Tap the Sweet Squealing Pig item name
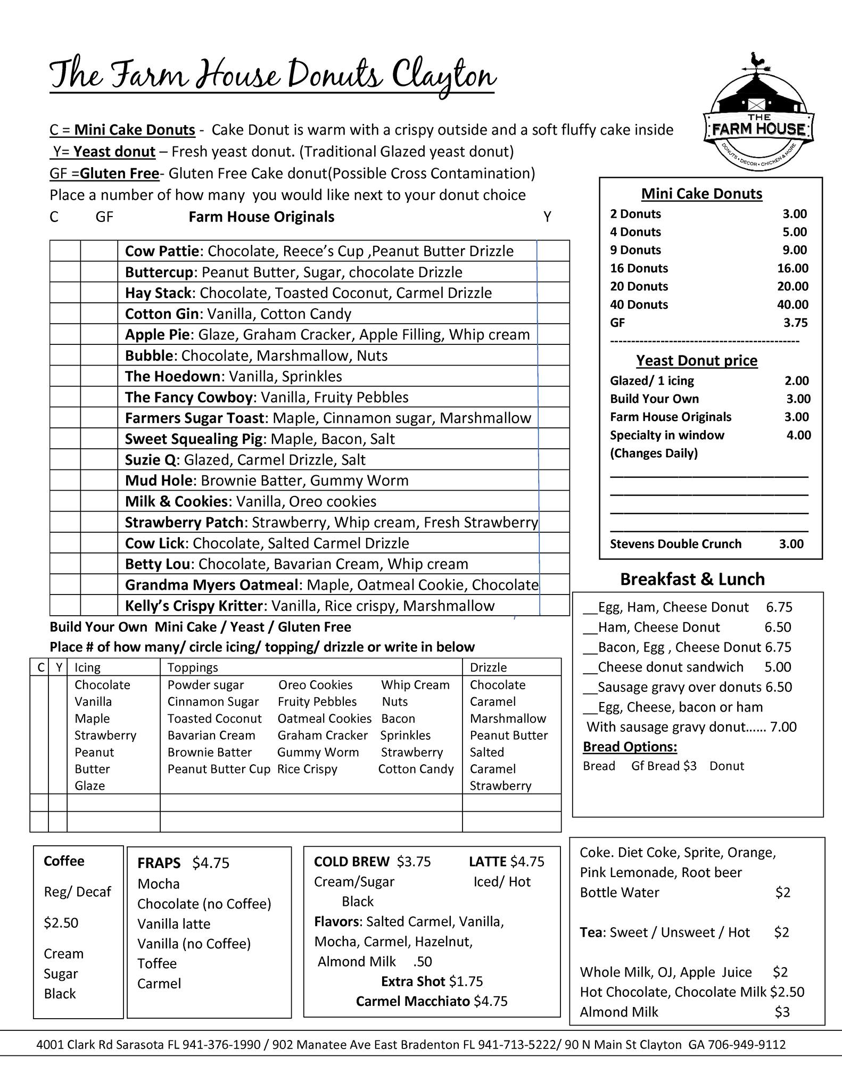pyautogui.click(x=194, y=439)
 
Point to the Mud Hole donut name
pyautogui.click(x=159, y=481)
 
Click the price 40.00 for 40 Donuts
pyautogui.click(x=793, y=304)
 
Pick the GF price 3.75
pyautogui.click(x=795, y=323)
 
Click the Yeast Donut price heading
pyautogui.click(x=697, y=360)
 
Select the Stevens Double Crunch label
pyautogui.click(x=675, y=544)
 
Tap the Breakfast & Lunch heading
pyautogui.click(x=692, y=579)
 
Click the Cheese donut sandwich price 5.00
pyautogui.click(x=778, y=667)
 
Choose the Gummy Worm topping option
pyautogui.click(x=318, y=752)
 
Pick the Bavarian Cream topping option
pyautogui.click(x=211, y=735)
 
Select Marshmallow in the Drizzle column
pyautogui.click(x=508, y=719)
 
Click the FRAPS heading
pyautogui.click(x=159, y=863)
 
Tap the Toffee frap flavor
pyautogui.click(x=157, y=963)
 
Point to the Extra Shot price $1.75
pyautogui.click(x=466, y=981)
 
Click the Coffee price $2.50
pyautogui.click(x=61, y=922)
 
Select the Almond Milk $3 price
pyautogui.click(x=782, y=1012)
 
